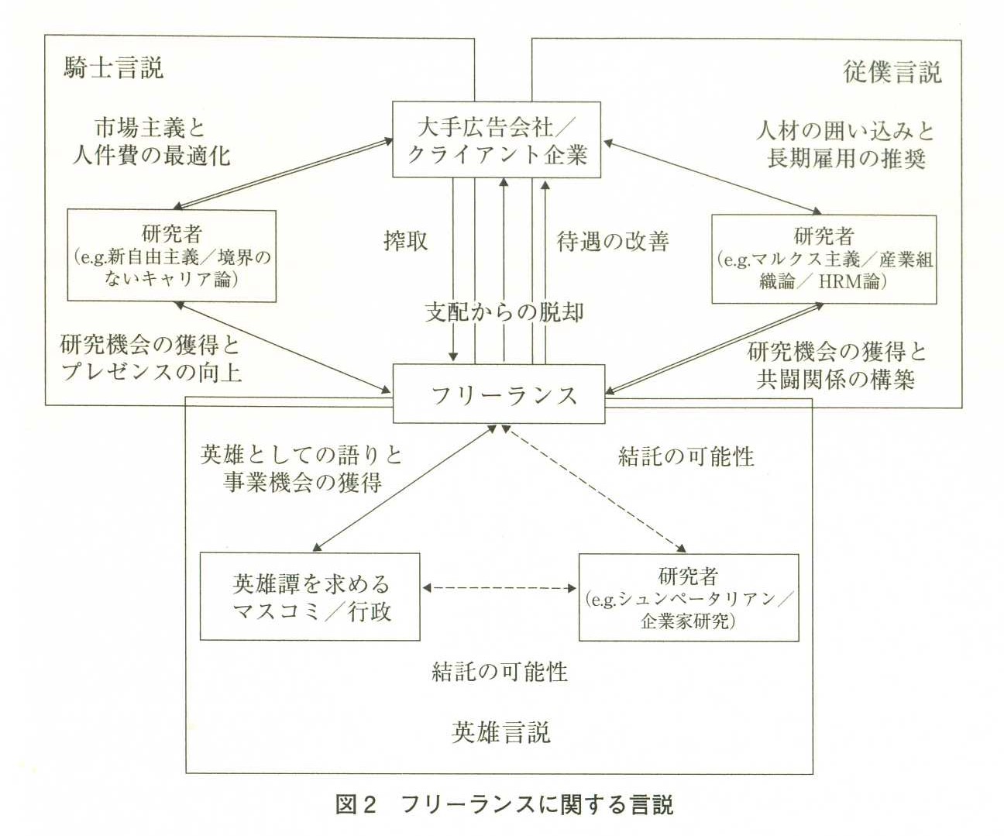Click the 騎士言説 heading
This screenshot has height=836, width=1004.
pyautogui.click(x=113, y=68)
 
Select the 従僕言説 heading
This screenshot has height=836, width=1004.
pyautogui.click(x=892, y=72)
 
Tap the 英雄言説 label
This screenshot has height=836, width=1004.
pyautogui.click(x=500, y=732)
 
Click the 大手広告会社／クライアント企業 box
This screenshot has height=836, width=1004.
pyautogui.click(x=497, y=139)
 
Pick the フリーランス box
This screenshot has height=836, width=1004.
pyautogui.click(x=499, y=395)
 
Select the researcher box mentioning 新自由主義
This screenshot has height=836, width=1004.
pyautogui.click(x=172, y=256)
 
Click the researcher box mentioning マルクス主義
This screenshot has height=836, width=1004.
pyautogui.click(x=823, y=260)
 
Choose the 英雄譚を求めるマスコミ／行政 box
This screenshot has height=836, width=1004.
pyautogui.click(x=310, y=597)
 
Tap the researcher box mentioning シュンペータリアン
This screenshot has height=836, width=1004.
pyautogui.click(x=689, y=597)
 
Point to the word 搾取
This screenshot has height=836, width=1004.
pyautogui.click(x=405, y=241)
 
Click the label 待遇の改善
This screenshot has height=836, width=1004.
pyautogui.click(x=612, y=241)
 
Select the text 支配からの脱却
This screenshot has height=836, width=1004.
pyautogui.click(x=504, y=312)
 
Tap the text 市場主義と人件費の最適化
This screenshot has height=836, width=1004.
pyautogui.click(x=150, y=141)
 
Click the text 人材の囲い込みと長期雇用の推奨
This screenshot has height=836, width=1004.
pyautogui.click(x=845, y=144)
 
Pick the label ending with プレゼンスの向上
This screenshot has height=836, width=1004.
pyautogui.click(x=150, y=358)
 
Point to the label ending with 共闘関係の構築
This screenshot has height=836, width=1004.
pyautogui.click(x=837, y=365)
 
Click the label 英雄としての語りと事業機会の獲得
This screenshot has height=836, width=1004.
pyautogui.click(x=302, y=468)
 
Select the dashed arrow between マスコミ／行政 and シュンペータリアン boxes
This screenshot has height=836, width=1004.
pyautogui.click(x=500, y=589)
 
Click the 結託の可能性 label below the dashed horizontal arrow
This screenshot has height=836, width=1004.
pyautogui.click(x=500, y=671)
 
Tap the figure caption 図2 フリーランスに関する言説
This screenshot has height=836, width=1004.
pyautogui.click(x=504, y=805)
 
